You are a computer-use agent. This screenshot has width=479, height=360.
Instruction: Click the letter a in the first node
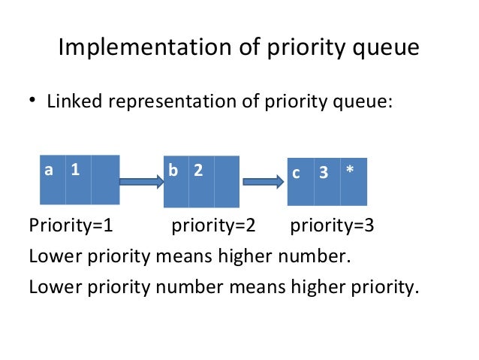50,170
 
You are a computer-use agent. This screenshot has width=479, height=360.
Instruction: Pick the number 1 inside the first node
75,170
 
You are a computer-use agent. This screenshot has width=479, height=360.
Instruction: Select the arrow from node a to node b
142,181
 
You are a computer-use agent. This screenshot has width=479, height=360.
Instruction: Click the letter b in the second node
173,171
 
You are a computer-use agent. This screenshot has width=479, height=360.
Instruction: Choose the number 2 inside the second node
198,171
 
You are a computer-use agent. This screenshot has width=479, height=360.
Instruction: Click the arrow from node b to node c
263,181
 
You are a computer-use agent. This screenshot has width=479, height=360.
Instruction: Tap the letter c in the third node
297,173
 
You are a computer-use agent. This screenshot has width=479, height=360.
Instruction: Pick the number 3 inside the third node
324,172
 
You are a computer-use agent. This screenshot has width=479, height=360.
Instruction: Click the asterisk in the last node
350,171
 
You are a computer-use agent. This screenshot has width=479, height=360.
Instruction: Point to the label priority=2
214,225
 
